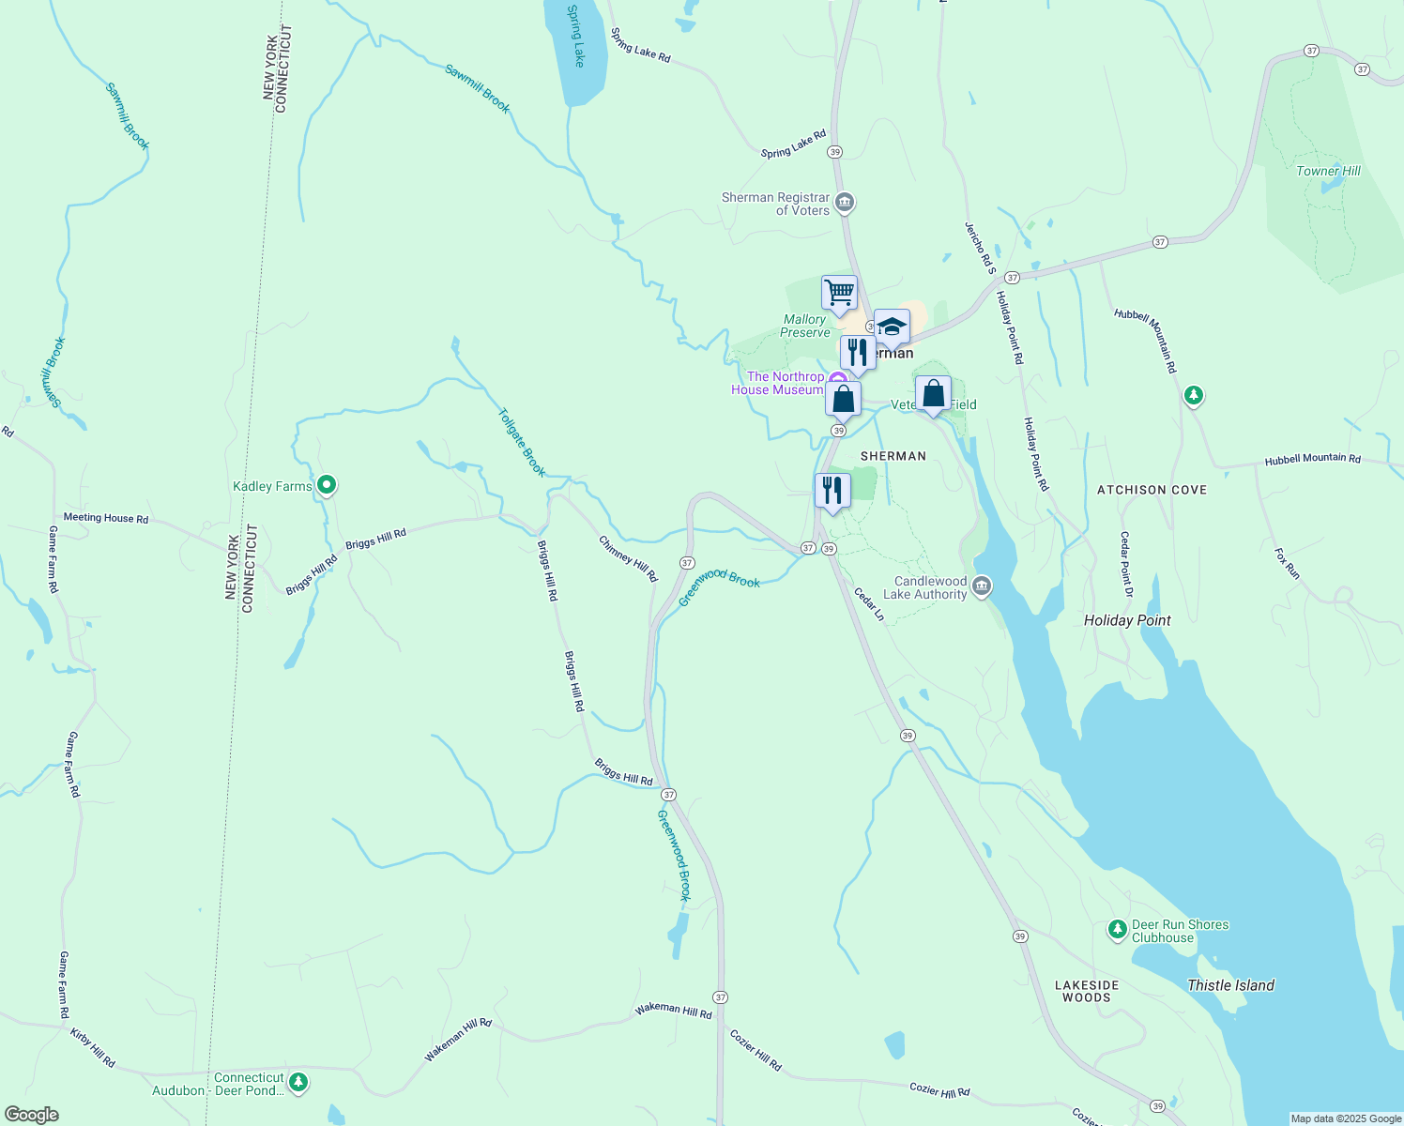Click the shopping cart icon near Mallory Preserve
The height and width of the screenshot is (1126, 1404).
[839, 292]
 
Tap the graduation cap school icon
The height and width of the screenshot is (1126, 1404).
[892, 327]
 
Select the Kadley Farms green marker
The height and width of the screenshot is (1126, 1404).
[327, 485]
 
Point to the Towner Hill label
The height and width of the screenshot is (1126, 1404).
[1328, 171]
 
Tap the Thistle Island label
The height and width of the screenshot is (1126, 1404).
[1230, 985]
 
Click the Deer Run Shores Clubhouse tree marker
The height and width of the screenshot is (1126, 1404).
[1117, 930]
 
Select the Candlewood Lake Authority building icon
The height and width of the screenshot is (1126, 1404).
[982, 586]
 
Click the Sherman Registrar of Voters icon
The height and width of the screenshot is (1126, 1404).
[845, 203]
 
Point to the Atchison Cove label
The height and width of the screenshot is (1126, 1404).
[1152, 490]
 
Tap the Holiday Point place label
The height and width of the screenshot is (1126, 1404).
[1127, 620]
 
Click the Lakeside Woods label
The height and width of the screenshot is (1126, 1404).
[1087, 991]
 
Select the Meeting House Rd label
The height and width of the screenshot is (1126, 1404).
[106, 518]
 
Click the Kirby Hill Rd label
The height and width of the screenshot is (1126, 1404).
[93, 1047]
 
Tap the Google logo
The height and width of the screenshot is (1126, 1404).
[32, 1115]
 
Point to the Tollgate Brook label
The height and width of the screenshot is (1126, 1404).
[521, 442]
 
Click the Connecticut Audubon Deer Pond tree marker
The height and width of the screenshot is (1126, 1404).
[298, 1083]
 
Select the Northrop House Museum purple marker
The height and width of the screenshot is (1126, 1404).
[836, 379]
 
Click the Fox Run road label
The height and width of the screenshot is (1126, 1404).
[1287, 564]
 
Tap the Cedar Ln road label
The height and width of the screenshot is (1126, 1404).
[869, 604]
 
